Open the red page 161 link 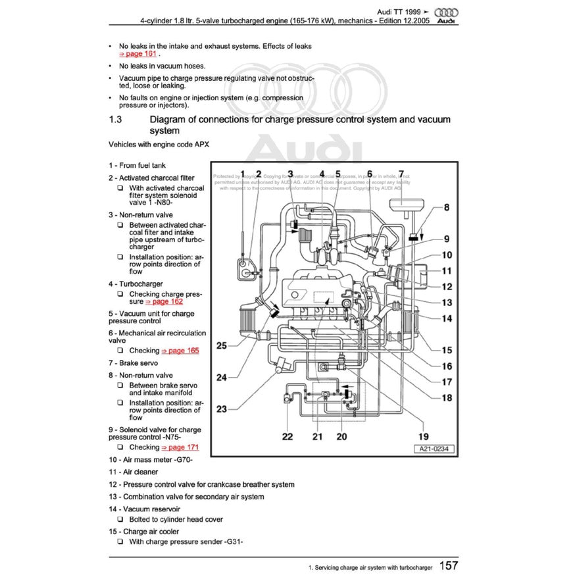(137, 54)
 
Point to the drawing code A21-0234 (435, 449)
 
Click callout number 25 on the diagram (222, 345)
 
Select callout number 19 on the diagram (424, 436)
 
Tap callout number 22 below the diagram (287, 436)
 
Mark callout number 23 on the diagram (222, 409)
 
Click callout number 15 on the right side (447, 351)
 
